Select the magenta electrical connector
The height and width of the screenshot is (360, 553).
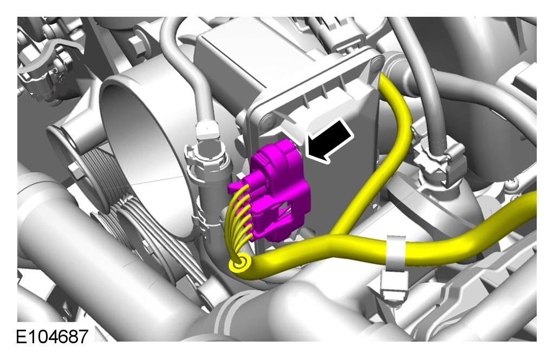click(278, 191)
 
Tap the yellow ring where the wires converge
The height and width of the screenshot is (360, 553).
click(241, 264)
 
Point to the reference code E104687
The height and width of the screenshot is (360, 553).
click(52, 336)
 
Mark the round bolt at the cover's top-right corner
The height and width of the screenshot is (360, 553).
click(376, 63)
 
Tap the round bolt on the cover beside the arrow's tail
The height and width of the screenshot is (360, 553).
click(268, 122)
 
